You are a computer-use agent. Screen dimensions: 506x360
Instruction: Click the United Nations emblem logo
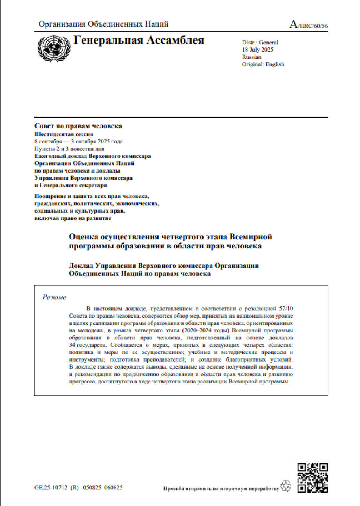point(54,48)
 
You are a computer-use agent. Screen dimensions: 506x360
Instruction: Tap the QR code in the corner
point(313,478)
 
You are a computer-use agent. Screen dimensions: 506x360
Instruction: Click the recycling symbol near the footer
point(286,486)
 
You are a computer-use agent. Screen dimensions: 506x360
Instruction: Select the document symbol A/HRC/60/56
point(308,25)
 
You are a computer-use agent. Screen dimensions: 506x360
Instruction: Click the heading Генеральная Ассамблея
point(139,40)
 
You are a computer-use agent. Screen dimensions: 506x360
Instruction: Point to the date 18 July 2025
point(257,50)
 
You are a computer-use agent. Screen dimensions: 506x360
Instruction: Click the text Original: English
point(263,64)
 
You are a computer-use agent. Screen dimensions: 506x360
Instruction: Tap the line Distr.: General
point(260,42)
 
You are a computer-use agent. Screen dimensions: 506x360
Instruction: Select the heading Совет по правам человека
point(78,126)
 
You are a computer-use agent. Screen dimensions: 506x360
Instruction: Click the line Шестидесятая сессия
point(64,134)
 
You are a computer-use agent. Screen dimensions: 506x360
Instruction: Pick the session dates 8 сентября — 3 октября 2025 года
point(78,141)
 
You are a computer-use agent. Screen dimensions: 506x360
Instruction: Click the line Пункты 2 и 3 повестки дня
point(69,149)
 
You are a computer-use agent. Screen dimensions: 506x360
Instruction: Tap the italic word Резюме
point(54,297)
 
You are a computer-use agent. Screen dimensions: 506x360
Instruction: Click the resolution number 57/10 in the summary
point(286,309)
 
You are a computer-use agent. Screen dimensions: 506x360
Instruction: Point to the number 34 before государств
point(72,345)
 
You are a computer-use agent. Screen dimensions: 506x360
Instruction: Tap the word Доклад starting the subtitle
point(81,265)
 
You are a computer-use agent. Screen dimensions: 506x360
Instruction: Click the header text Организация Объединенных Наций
point(103,24)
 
